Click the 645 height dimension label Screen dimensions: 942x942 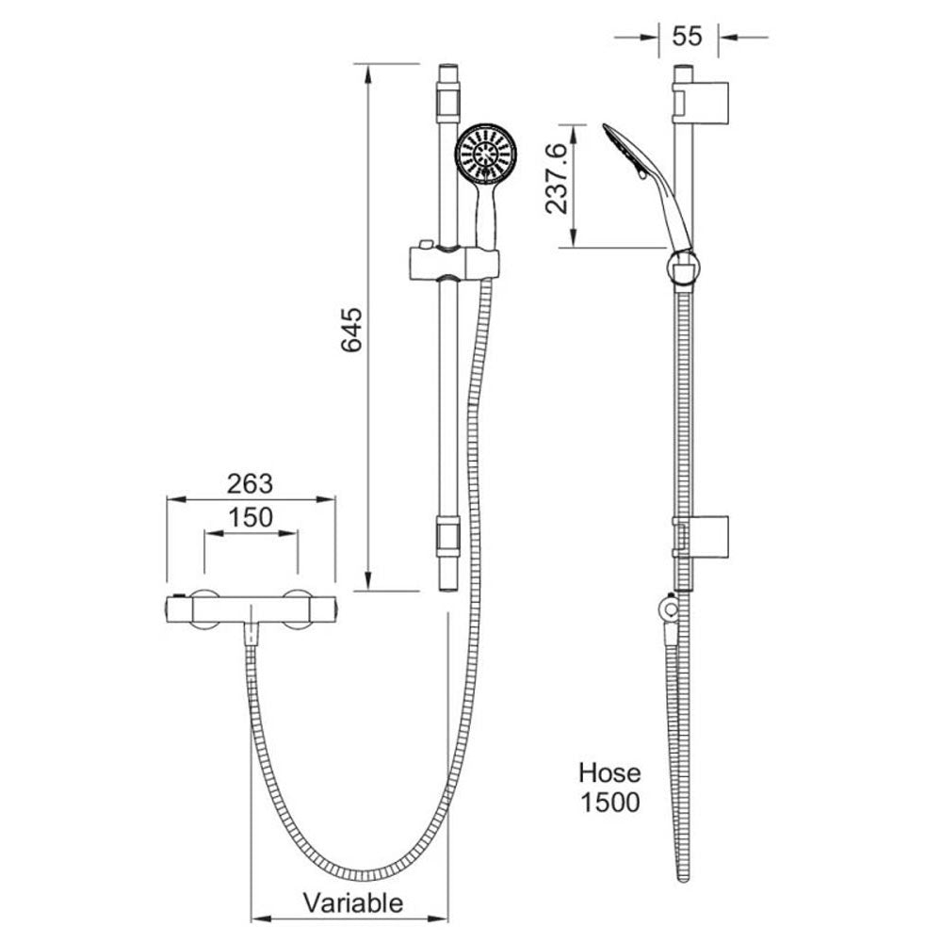pos(352,329)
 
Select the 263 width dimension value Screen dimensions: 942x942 pos(250,484)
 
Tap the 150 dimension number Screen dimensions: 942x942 pos(251,517)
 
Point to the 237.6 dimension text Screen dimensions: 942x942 pos(557,178)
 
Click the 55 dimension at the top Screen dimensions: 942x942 pos(688,36)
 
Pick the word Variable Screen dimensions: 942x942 pos(353,903)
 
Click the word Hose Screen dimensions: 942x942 pos(609,772)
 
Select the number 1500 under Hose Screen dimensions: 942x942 pos(609,803)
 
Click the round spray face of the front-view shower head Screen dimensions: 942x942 pos(486,154)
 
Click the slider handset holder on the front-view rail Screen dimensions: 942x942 pos(454,263)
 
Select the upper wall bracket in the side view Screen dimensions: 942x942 pos(701,103)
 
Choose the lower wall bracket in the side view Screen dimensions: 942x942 pos(701,537)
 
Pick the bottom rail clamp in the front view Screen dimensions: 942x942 pos(448,536)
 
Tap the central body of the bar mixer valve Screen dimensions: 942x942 pos(252,610)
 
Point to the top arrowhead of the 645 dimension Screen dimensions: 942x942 pos(367,73)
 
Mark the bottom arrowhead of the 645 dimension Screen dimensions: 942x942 pos(367,581)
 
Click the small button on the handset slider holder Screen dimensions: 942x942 pos(426,245)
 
